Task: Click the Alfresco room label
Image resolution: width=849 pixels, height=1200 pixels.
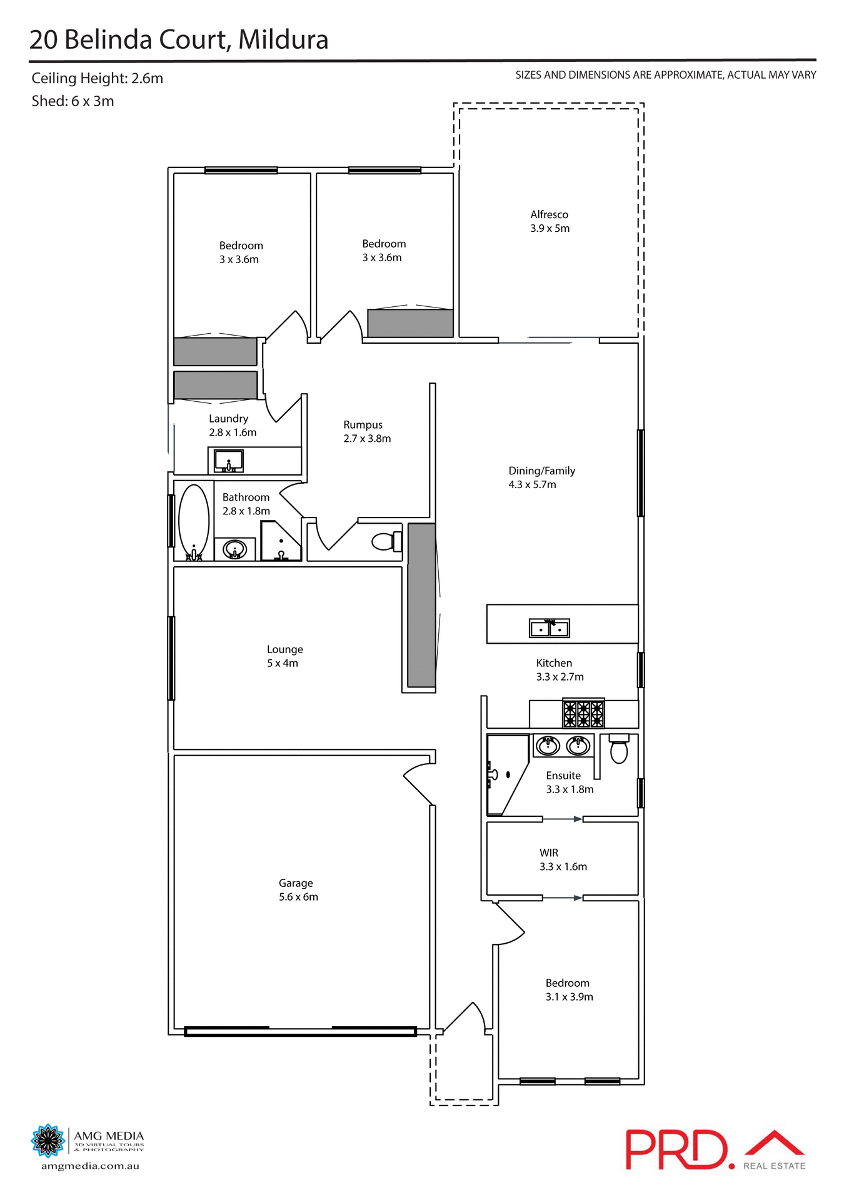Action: tap(550, 215)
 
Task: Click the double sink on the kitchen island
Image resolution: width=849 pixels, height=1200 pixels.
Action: tap(550, 628)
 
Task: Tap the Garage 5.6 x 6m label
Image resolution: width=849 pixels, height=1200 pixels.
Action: tap(298, 890)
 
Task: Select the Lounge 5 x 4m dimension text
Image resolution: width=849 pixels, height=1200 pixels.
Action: tap(283, 663)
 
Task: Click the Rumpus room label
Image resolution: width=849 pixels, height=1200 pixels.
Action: tap(363, 425)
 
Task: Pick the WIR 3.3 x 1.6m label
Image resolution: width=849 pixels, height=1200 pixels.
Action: tap(563, 860)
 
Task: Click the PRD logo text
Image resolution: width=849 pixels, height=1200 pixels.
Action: tap(678, 1149)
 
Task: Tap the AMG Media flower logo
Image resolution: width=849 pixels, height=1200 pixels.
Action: tap(48, 1141)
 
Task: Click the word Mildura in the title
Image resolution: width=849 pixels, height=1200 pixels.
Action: tap(283, 40)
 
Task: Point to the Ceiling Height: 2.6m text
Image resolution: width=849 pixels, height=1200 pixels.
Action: tap(97, 79)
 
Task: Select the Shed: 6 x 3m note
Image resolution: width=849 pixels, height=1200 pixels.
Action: tap(73, 101)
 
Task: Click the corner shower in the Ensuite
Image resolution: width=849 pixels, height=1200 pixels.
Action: tap(505, 775)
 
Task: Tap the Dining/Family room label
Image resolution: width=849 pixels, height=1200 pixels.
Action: tap(541, 471)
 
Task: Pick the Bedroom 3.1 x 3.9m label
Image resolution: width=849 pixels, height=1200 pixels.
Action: tap(569, 990)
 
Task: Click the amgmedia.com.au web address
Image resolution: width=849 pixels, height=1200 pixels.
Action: tap(90, 1166)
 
